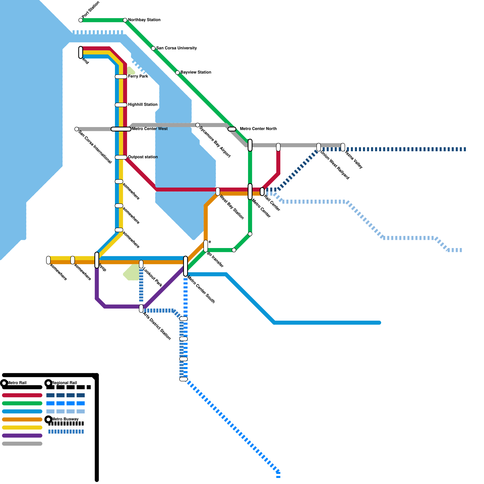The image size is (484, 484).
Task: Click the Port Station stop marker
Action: (80, 20)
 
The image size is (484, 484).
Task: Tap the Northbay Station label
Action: (144, 20)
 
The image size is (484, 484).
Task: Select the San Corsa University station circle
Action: (153, 48)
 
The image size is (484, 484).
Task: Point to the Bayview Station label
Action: (196, 72)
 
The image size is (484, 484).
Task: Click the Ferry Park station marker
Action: (121, 77)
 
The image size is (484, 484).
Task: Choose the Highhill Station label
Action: (142, 105)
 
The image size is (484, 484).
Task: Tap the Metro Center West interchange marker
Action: (121, 129)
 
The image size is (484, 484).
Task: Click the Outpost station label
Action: (143, 157)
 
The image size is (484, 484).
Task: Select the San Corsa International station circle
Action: (77, 129)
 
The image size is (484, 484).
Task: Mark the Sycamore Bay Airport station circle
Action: (198, 125)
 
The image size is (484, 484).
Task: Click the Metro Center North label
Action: (258, 129)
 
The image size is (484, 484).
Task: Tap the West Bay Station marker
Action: (218, 191)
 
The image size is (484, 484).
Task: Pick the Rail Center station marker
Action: (262, 191)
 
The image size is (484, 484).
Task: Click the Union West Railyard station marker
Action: (319, 147)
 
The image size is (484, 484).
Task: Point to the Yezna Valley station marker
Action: (343, 147)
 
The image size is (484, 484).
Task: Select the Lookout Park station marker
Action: (141, 264)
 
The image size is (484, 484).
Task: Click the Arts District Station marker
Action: (141, 309)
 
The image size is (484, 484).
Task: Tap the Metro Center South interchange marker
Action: (185, 266)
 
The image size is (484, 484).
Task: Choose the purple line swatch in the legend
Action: (22, 436)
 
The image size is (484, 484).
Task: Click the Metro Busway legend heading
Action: (65, 419)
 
